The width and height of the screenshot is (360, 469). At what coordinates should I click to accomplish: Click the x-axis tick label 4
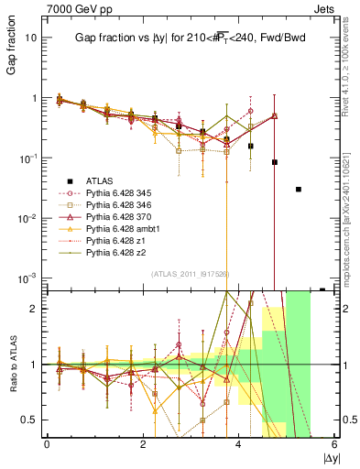[239, 444]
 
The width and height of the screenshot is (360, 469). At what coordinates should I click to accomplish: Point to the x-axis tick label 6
[335, 444]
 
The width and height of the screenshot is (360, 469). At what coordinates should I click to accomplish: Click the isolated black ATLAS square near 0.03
[299, 189]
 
